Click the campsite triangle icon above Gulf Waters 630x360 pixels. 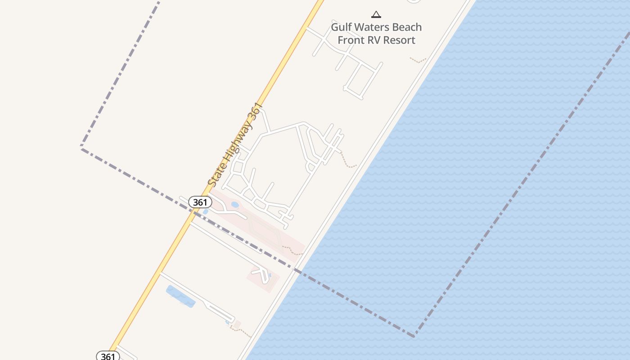click(x=376, y=14)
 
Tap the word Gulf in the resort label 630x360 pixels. click(x=341, y=27)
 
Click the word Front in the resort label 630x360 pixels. click(x=350, y=40)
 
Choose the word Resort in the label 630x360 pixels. click(x=400, y=40)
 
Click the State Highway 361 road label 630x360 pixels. click(x=234, y=145)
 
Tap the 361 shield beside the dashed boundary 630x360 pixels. click(x=200, y=202)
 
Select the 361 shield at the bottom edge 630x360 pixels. click(x=108, y=356)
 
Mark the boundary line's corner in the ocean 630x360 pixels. click(x=414, y=336)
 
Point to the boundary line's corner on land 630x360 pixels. click(x=81, y=147)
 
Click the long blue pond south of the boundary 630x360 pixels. click(x=180, y=297)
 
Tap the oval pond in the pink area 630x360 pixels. click(x=235, y=205)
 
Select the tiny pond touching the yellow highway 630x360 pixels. click(x=205, y=211)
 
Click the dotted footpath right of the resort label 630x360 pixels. click(x=418, y=60)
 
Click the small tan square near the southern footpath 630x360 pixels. click(x=237, y=324)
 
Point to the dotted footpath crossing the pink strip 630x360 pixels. click(x=292, y=250)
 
